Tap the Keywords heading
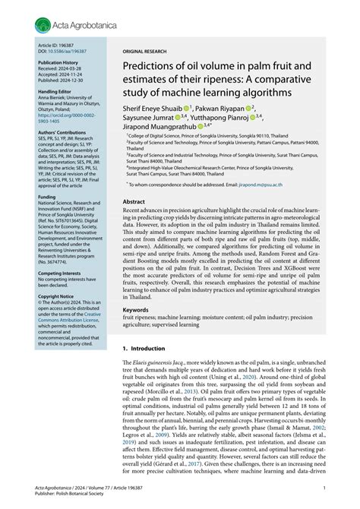point(137,310)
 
